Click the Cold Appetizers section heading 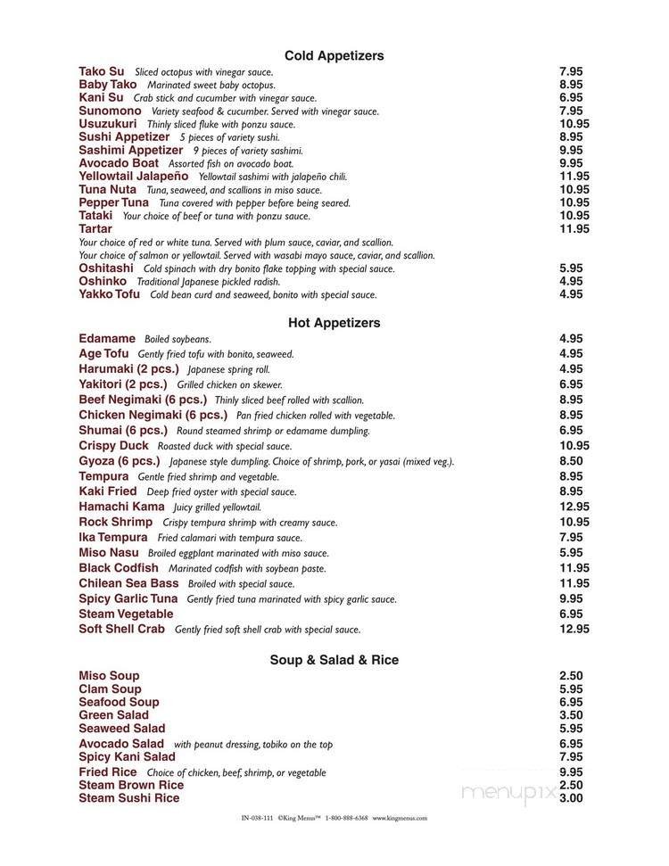click(x=334, y=56)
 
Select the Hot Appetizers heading click(x=334, y=323)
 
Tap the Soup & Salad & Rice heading click(x=334, y=660)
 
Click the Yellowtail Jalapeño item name click(x=134, y=177)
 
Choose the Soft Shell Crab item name click(x=122, y=629)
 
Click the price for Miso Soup click(x=571, y=676)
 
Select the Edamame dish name click(x=107, y=339)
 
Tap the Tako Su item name click(x=102, y=71)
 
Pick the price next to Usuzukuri click(x=574, y=124)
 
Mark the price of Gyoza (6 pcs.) click(x=571, y=461)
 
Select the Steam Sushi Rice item click(x=128, y=798)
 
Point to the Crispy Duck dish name click(x=113, y=446)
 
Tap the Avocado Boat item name click(x=119, y=163)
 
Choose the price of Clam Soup click(x=571, y=689)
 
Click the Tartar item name click(x=95, y=229)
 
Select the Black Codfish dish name click(x=119, y=568)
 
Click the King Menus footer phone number click(x=346, y=818)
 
